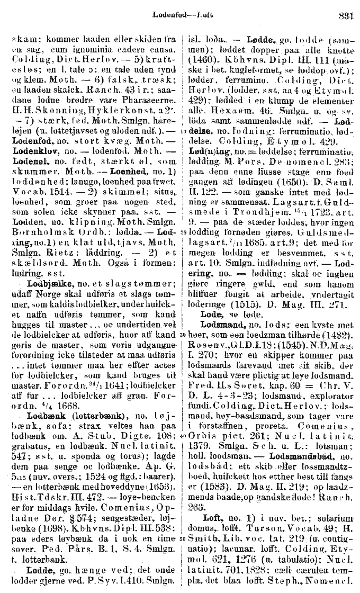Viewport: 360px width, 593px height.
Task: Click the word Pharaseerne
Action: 133,110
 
